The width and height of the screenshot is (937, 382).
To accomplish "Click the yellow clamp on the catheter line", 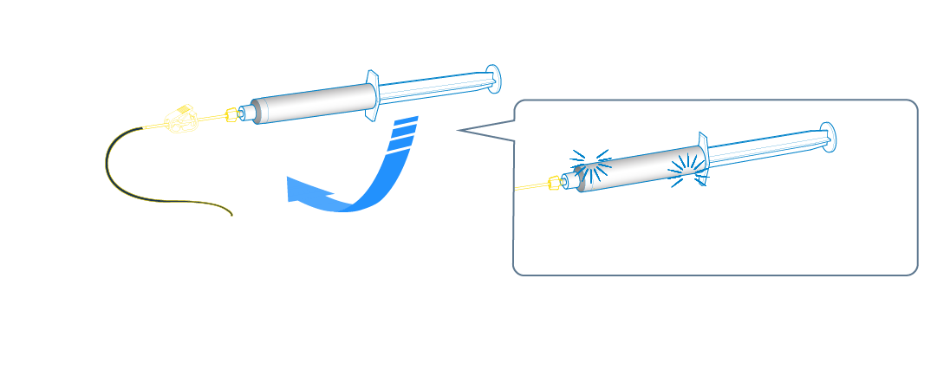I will pyautogui.click(x=181, y=120).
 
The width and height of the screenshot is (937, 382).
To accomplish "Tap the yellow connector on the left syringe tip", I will pyautogui.click(x=231, y=114).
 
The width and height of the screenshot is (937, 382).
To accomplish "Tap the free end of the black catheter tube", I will pyautogui.click(x=231, y=214).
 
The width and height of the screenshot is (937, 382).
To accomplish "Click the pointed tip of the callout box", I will pyautogui.click(x=458, y=132).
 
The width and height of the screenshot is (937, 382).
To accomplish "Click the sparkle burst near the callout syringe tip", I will pyautogui.click(x=585, y=167).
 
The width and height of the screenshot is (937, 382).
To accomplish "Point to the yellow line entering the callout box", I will pyautogui.click(x=529, y=187).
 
